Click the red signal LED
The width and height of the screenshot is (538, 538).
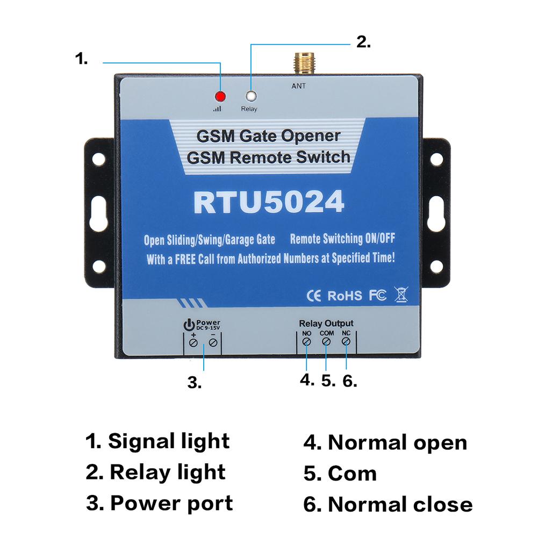click(x=220, y=97)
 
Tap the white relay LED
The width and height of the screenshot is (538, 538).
click(x=250, y=97)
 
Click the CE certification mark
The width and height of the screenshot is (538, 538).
click(x=313, y=295)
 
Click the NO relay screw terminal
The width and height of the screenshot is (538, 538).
click(x=306, y=342)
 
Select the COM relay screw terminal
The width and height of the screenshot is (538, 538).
click(x=326, y=342)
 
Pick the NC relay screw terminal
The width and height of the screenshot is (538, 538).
click(x=346, y=342)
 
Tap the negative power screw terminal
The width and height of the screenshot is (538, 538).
click(x=213, y=343)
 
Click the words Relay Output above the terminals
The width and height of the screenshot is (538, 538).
click(x=326, y=323)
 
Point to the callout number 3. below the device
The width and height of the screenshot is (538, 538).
click(x=195, y=383)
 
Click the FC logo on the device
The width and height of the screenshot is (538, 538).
click(x=377, y=295)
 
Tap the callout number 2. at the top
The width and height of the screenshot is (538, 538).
click(x=364, y=42)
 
